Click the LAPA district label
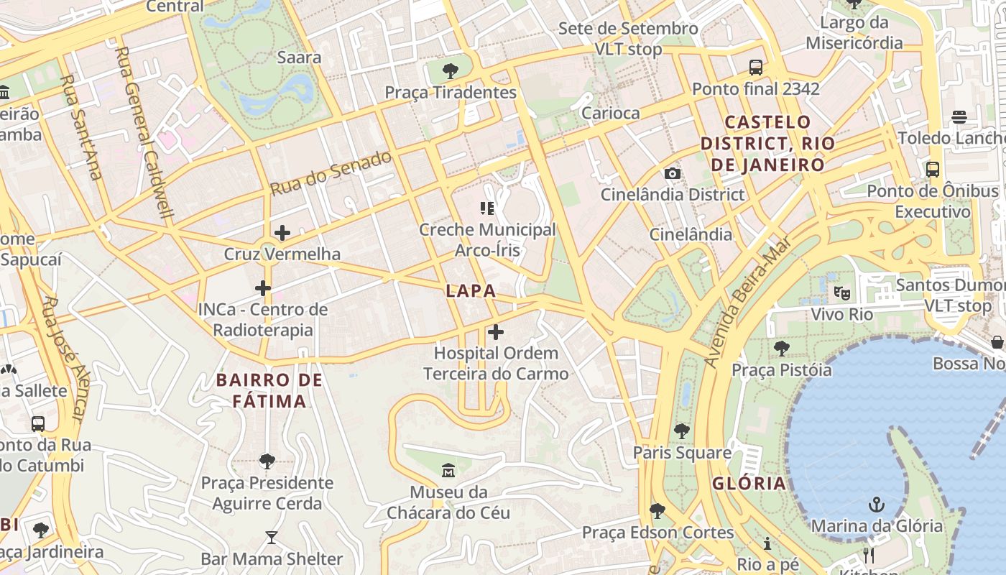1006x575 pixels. click(471, 291)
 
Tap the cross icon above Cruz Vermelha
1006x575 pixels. click(282, 233)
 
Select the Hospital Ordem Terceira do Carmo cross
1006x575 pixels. click(496, 332)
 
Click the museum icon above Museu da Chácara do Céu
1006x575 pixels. click(448, 471)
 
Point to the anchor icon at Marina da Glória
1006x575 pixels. click(876, 505)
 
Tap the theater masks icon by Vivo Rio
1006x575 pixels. click(841, 293)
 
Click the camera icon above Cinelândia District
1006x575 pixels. click(673, 174)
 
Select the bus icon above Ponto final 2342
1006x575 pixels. click(756, 68)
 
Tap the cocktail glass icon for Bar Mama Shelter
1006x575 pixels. click(271, 538)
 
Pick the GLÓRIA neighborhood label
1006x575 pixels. click(749, 483)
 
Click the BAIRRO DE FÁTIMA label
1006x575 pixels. click(269, 390)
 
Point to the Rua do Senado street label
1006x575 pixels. click(331, 173)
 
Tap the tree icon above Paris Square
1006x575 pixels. click(682, 431)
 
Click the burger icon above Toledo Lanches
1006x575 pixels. click(959, 116)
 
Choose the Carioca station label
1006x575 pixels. click(610, 113)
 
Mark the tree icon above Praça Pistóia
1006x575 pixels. click(782, 349)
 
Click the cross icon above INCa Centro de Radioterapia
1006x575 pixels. click(263, 288)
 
